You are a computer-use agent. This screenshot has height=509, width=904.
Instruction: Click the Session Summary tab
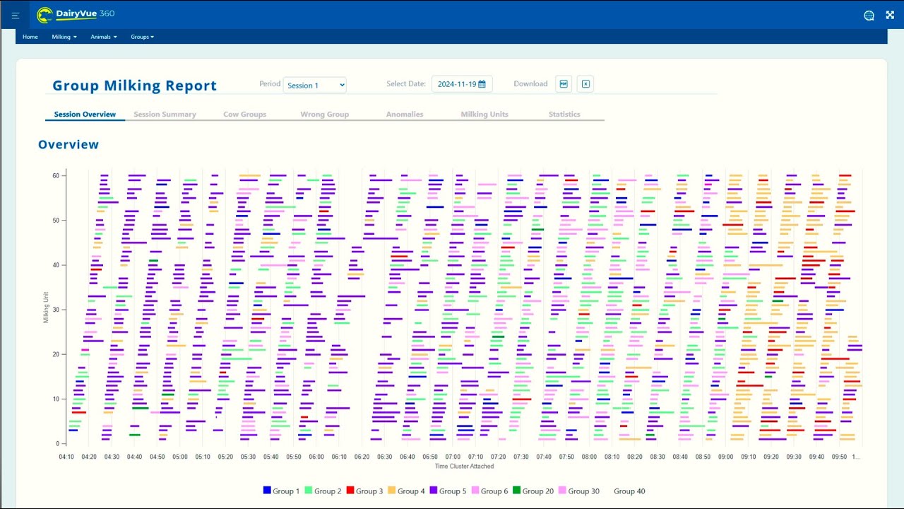[x=165, y=115]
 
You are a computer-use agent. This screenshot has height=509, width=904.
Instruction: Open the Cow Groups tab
[x=244, y=115]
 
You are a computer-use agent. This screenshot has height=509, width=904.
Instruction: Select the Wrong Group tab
[x=324, y=115]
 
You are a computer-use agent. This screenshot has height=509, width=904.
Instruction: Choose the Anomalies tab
[x=405, y=115]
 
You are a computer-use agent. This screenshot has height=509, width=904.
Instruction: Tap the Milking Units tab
[x=484, y=115]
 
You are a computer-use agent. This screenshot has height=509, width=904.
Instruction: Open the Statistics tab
[x=564, y=115]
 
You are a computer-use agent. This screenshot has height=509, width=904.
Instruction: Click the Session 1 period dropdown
[x=315, y=85]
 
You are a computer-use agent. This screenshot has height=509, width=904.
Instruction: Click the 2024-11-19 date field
[x=462, y=84]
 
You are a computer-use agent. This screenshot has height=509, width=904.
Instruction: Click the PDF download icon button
[x=564, y=84]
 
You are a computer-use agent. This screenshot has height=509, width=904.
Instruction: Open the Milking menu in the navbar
[x=64, y=37]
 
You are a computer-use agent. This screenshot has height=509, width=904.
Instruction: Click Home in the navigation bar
[x=30, y=37]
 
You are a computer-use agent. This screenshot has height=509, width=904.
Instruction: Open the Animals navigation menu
[x=104, y=37]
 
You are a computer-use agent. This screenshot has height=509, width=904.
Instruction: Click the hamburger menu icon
[x=16, y=15]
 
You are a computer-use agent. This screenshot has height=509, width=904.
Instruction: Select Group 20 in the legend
[x=533, y=491]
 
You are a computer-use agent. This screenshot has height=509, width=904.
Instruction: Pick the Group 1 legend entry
[x=281, y=491]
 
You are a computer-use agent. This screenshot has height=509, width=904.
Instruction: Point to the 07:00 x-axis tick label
[x=453, y=457]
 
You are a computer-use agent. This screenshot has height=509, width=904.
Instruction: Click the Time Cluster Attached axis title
[x=464, y=467]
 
